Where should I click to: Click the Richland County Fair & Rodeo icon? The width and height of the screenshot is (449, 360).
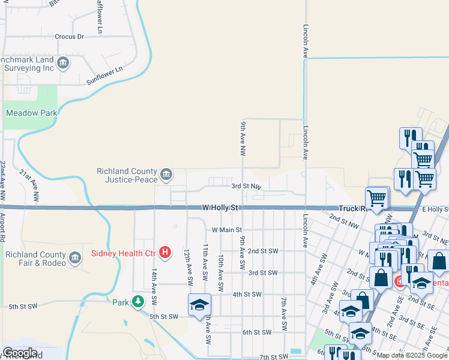(75, 258)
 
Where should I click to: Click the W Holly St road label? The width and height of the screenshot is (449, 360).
(220, 208)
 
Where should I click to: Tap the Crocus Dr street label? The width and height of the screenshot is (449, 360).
(69, 37)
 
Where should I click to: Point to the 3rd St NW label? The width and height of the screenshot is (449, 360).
(247, 187)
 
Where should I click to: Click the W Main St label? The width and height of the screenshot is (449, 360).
(226, 230)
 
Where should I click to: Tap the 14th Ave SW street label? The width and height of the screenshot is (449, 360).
(154, 284)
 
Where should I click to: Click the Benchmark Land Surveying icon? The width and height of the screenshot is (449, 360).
(62, 62)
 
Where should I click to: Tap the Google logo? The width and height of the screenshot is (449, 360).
(20, 353)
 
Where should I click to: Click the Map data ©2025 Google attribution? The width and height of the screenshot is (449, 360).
(411, 355)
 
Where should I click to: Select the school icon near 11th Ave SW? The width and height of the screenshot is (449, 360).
(199, 304)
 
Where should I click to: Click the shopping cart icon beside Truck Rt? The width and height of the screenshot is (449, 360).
(377, 197)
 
